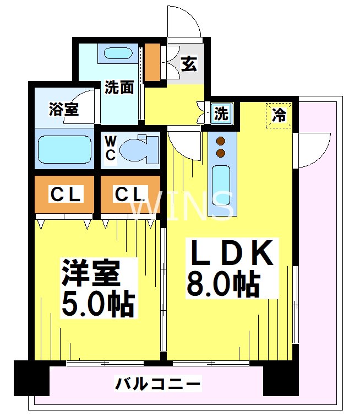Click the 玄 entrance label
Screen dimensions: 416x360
click(x=189, y=64)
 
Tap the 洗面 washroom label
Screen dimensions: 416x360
click(x=119, y=87)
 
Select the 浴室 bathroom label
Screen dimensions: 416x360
click(x=63, y=109)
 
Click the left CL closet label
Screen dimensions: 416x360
click(x=66, y=194)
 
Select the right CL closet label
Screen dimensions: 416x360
click(x=130, y=194)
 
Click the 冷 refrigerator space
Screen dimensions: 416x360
click(x=279, y=115)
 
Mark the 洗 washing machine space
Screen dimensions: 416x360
click(x=221, y=114)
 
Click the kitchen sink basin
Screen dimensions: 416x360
click(x=221, y=185)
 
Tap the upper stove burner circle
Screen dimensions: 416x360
click(x=221, y=140)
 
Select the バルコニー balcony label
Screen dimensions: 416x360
click(x=157, y=383)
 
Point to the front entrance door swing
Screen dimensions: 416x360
click(x=183, y=22)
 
